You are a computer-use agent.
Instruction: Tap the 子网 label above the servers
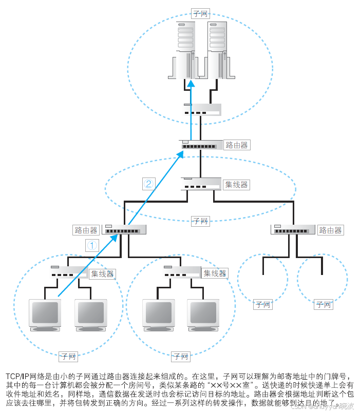pyautogui.click(x=199, y=13)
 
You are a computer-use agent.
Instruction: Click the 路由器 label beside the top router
pyautogui.click(x=236, y=145)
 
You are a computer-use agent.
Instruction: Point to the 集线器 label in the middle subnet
pyautogui.click(x=236, y=184)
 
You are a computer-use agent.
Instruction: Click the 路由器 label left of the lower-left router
pyautogui.click(x=85, y=230)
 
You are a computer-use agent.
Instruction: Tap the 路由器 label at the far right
pyautogui.click(x=330, y=230)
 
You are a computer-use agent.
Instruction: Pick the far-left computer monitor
pyautogui.click(x=45, y=313)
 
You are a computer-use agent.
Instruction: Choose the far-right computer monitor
pyautogui.click(x=203, y=313)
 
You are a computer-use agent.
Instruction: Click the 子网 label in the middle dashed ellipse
pyautogui.click(x=200, y=221)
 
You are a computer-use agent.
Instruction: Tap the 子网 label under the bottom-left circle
pyautogui.click(x=68, y=356)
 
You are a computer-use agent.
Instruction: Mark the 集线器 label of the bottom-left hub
pyautogui.click(x=102, y=273)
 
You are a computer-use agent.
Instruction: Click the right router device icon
pyautogui.click(x=293, y=229)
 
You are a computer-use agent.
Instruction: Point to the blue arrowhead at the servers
pyautogui.click(x=191, y=83)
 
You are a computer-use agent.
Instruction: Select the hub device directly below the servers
pyautogui.click(x=202, y=109)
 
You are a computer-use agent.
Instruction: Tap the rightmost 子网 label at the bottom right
pyautogui.click(x=324, y=305)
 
